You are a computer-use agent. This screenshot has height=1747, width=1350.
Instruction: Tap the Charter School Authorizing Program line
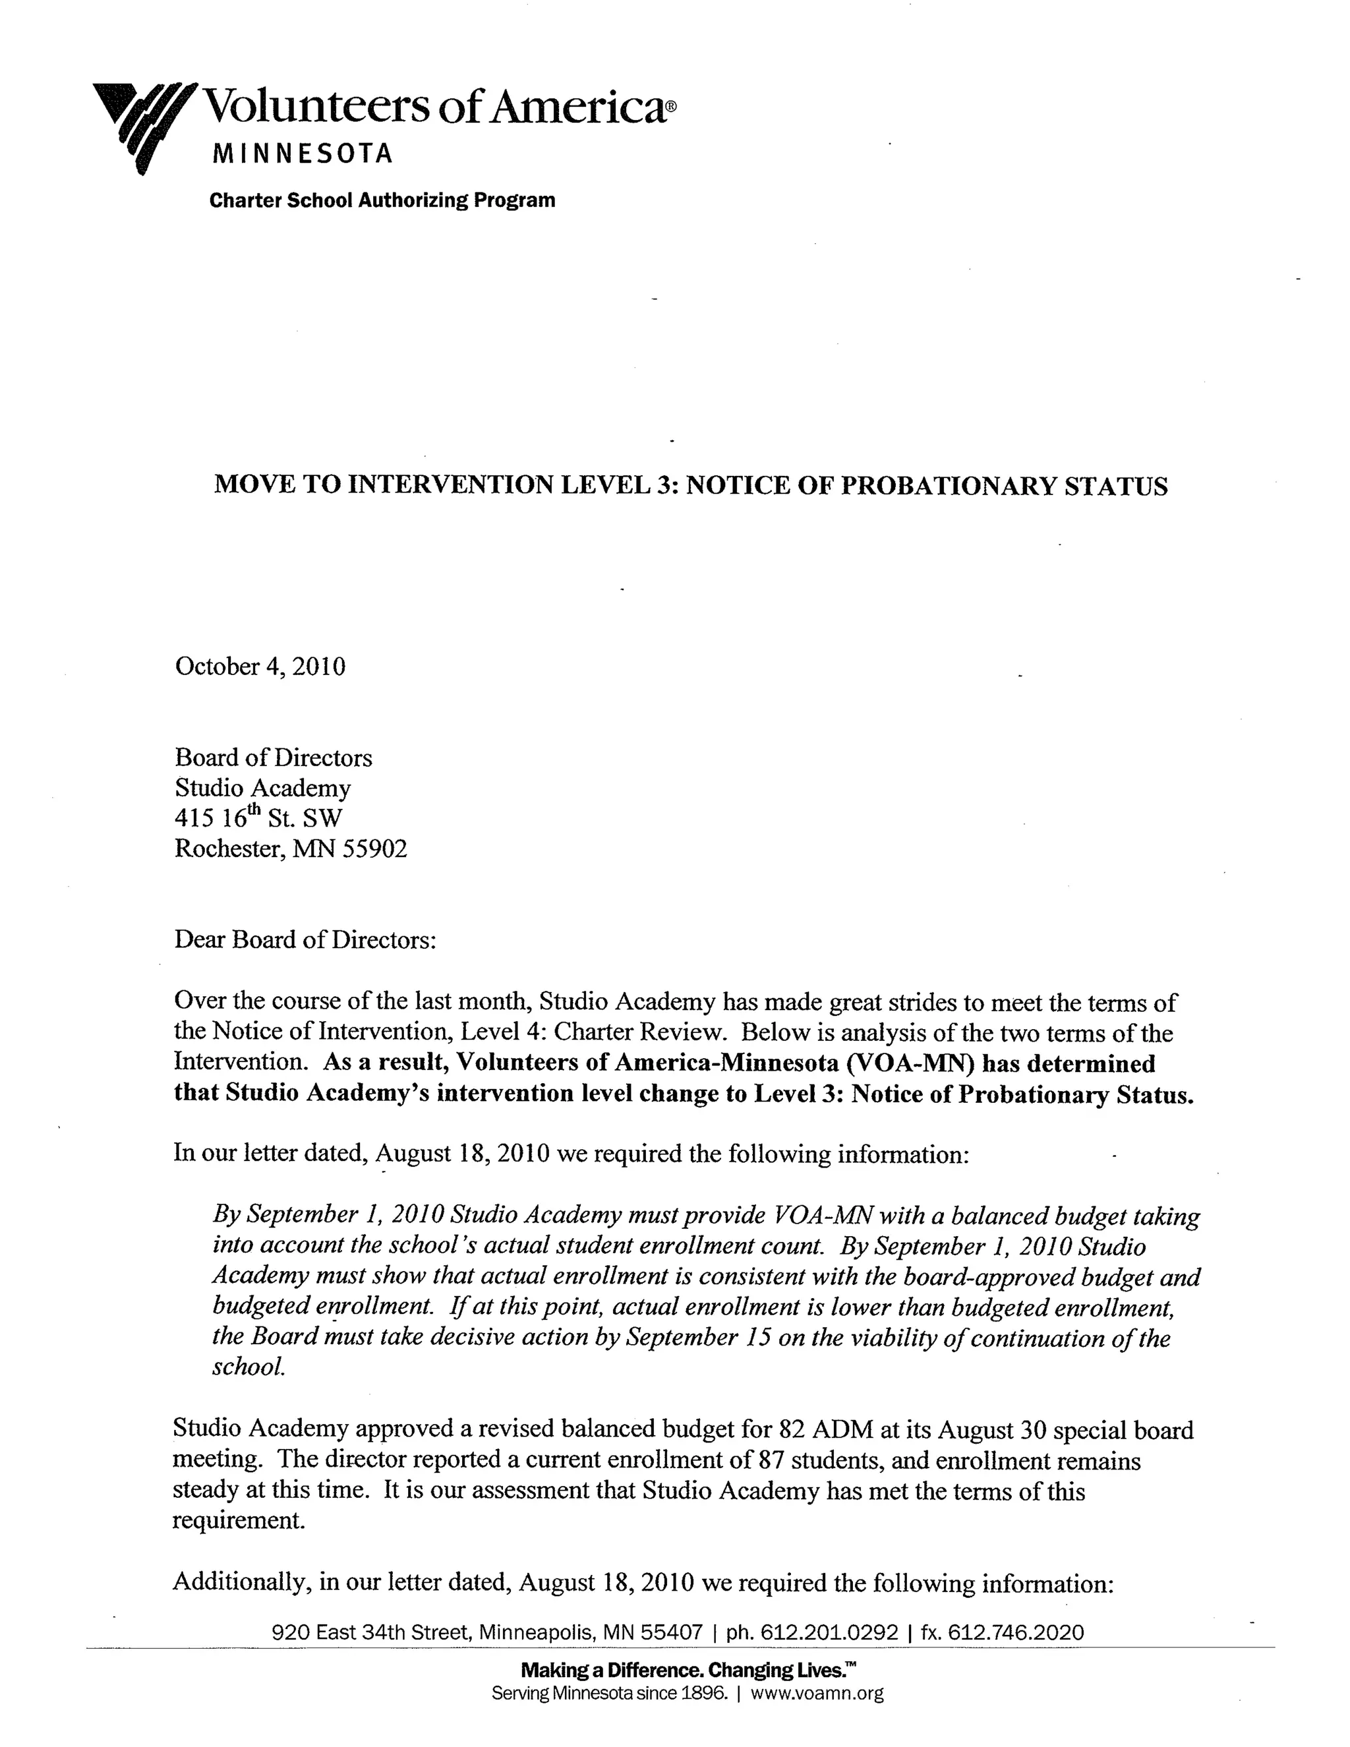coord(382,200)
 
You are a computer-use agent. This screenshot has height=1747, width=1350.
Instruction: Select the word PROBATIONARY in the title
coord(946,487)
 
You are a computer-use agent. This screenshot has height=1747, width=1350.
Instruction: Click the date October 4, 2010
coord(260,666)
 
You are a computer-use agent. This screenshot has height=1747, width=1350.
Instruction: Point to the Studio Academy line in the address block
coord(262,788)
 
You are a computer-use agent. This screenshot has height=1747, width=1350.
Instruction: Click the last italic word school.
coord(248,1367)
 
